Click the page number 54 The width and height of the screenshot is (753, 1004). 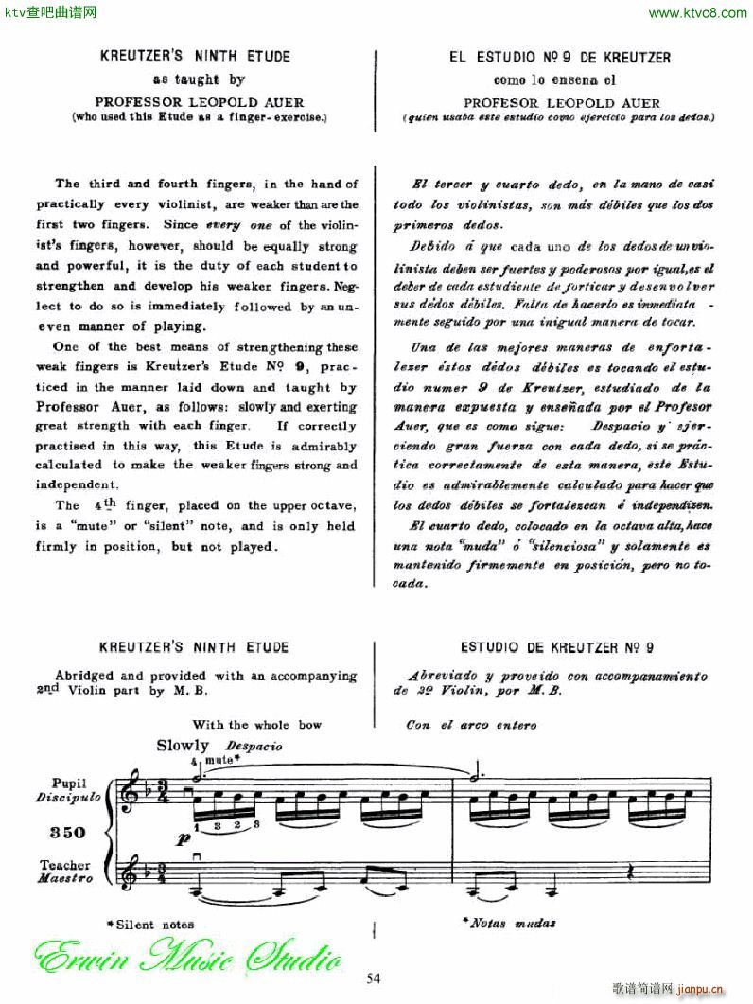pyautogui.click(x=375, y=978)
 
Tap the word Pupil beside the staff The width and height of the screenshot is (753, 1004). pyautogui.click(x=71, y=783)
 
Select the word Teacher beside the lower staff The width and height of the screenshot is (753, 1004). pyautogui.click(x=65, y=865)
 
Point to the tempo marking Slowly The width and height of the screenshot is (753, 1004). pyautogui.click(x=183, y=746)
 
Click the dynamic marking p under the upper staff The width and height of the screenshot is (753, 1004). pyautogui.click(x=182, y=838)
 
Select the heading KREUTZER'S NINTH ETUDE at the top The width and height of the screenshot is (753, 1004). pyautogui.click(x=195, y=57)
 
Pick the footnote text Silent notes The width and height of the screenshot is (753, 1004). pyautogui.click(x=152, y=924)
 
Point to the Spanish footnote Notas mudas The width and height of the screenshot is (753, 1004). pyautogui.click(x=509, y=923)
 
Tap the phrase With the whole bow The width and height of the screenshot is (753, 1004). pyautogui.click(x=256, y=725)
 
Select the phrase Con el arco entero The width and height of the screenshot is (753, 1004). pyautogui.click(x=471, y=725)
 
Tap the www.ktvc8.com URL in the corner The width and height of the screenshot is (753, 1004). pyautogui.click(x=699, y=12)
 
